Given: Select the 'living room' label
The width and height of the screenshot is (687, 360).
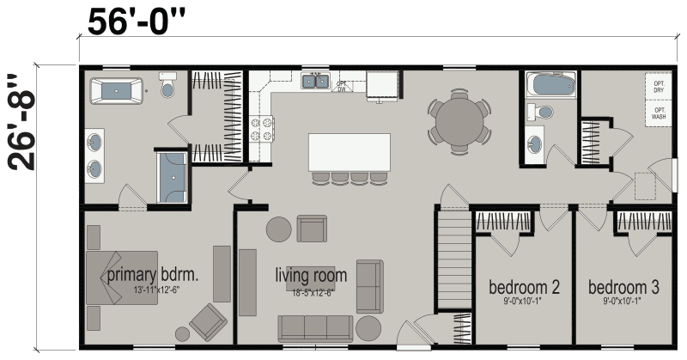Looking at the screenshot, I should click(311, 276).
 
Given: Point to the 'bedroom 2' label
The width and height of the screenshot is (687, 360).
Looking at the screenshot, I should click(524, 286).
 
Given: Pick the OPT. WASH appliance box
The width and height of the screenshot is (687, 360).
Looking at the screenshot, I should click(659, 113).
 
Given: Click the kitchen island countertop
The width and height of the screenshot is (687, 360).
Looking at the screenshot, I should click(350, 152).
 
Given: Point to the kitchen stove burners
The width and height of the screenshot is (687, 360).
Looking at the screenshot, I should click(260, 129).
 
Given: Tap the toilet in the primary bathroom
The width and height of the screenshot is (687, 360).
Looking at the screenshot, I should click(167, 88).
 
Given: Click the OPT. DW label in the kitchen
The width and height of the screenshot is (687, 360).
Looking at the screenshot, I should click(341, 86).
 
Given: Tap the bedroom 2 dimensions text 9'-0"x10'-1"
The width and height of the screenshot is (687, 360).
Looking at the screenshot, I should click(524, 302).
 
